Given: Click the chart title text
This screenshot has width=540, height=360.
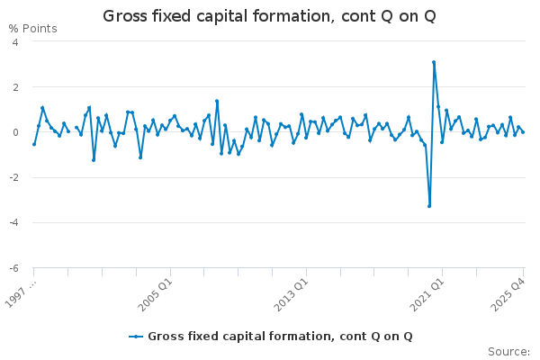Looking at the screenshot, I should (269, 15).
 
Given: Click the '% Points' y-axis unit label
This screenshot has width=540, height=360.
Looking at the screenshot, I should (33, 29).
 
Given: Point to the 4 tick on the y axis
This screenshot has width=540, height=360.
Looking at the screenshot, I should (16, 41).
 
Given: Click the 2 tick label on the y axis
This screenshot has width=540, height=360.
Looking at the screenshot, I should (16, 86).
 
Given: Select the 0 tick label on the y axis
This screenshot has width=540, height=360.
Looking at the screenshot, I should (16, 132).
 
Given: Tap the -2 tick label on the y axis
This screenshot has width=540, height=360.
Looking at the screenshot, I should (14, 177).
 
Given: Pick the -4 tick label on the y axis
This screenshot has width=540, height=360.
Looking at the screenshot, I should (14, 222).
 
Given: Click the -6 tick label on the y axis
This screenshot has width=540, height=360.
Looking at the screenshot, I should (14, 267).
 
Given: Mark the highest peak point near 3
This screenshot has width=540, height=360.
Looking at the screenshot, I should (434, 62).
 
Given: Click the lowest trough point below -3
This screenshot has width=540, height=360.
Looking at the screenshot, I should (429, 206).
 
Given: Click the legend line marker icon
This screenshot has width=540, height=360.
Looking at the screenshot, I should (136, 337).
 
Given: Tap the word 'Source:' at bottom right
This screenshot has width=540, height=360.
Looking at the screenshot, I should (508, 351).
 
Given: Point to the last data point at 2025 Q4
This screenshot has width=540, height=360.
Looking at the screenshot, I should (523, 132).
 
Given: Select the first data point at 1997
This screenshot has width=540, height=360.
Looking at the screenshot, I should (34, 144).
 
